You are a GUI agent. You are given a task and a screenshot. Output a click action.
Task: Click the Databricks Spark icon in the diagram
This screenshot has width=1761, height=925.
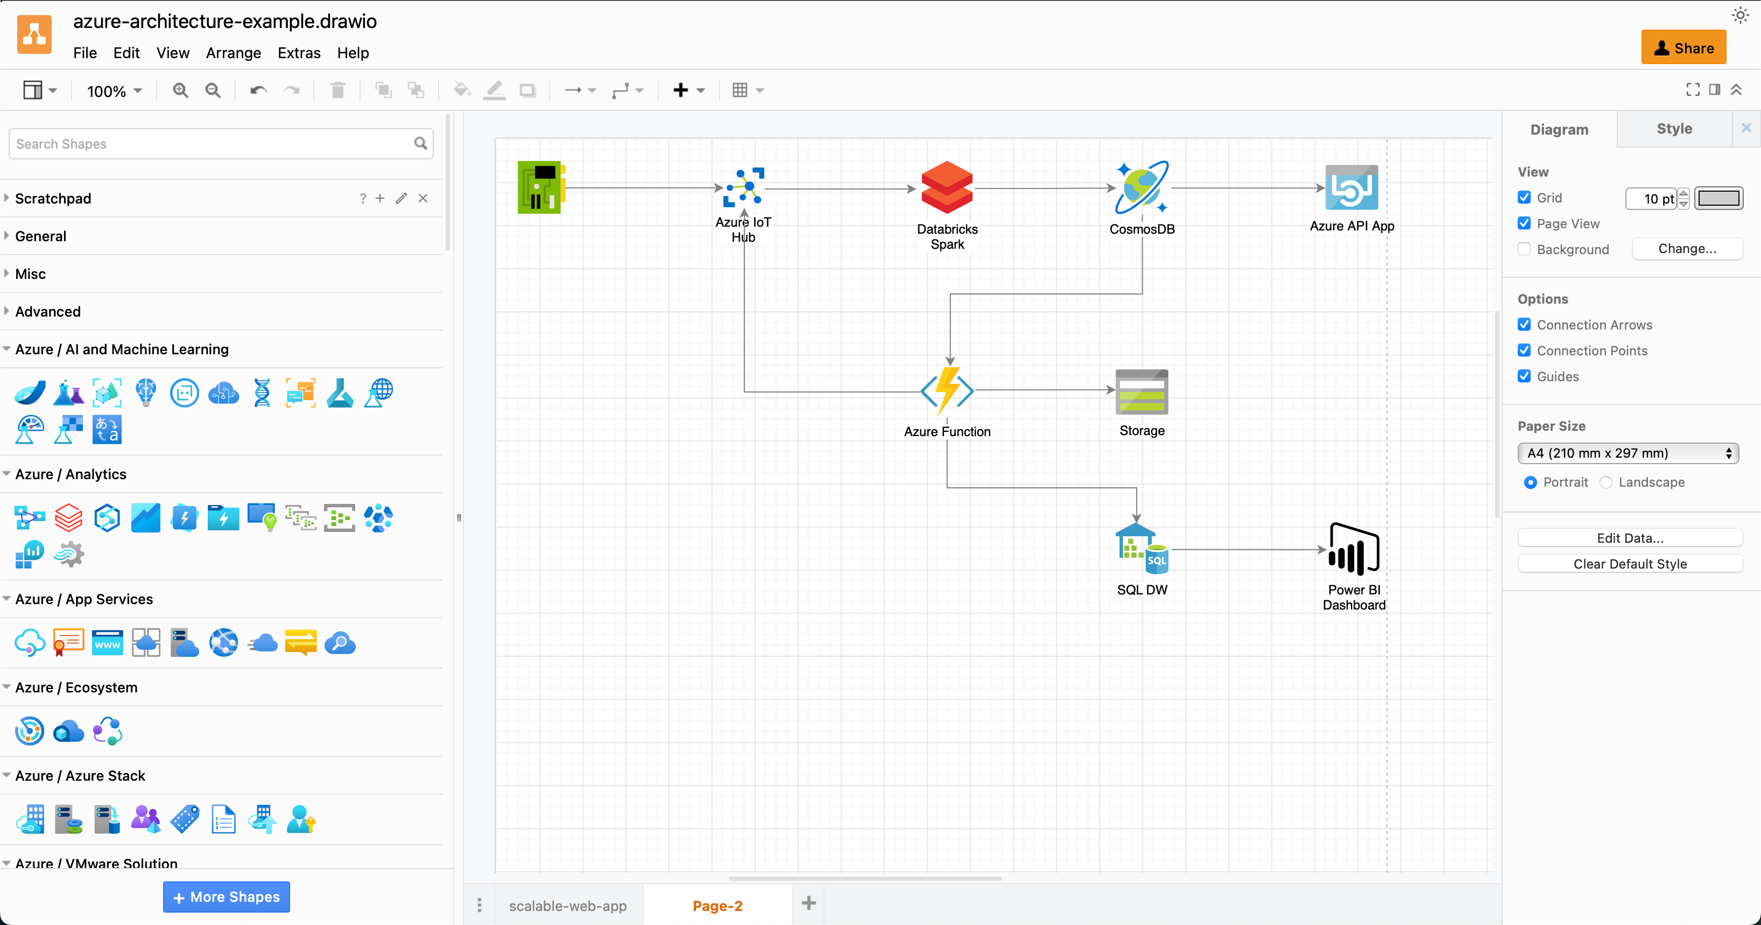947,187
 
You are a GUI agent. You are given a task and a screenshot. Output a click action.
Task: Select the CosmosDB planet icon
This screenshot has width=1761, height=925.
1141,187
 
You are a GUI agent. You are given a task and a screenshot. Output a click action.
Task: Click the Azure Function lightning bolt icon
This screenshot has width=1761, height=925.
947,391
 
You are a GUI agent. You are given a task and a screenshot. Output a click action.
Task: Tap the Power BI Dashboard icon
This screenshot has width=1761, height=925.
1353,550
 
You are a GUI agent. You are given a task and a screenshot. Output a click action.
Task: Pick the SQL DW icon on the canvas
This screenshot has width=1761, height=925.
1141,550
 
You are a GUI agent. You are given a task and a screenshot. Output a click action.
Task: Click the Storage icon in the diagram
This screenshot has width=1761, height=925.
1141,392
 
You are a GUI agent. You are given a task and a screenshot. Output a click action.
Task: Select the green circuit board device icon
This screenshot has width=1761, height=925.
540,187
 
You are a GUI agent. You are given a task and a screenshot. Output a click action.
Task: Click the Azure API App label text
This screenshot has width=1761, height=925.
1351,226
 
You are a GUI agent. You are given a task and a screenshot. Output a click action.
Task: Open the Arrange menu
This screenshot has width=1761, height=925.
233,53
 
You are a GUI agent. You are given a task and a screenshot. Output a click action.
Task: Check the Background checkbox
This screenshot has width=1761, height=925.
1524,249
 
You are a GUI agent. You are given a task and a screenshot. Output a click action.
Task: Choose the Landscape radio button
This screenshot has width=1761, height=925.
1606,482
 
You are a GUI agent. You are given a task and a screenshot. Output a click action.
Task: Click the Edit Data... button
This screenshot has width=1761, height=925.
1629,538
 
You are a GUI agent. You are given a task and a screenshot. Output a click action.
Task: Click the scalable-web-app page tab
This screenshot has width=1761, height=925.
567,905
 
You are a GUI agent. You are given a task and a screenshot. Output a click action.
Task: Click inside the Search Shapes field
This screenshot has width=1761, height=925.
212,144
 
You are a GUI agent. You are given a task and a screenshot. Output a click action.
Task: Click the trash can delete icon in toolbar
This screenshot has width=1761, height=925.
337,90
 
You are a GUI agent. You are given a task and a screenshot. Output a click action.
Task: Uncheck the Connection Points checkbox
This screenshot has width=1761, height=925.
1524,351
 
